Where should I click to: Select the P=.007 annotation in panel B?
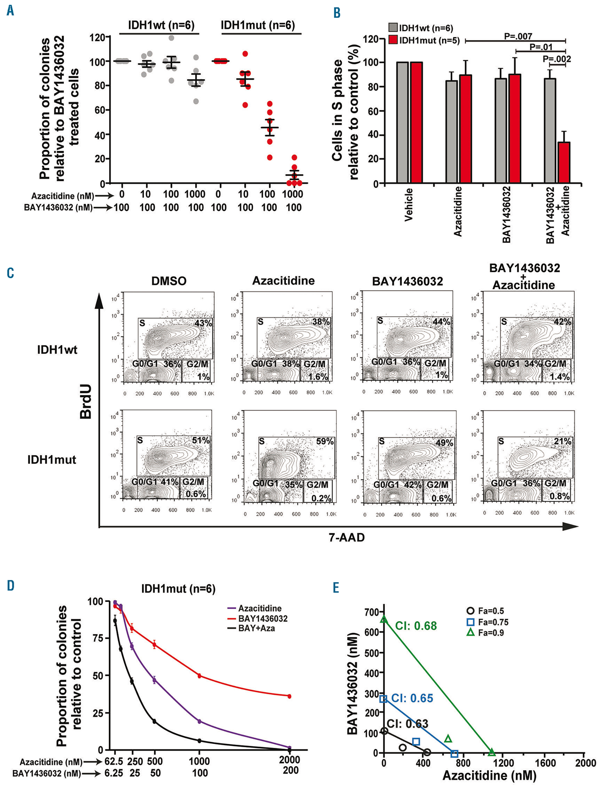tap(518, 36)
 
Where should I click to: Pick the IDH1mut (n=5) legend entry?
tap(425, 40)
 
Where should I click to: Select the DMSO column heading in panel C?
tap(169, 281)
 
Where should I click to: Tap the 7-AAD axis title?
tap(347, 537)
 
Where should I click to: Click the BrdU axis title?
tap(86, 401)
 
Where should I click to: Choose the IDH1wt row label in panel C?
tap(57, 350)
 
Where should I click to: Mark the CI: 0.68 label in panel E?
tap(416, 626)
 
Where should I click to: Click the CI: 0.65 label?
tap(412, 698)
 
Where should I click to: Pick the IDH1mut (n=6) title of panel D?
tap(178, 588)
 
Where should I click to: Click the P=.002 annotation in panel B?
tap(556, 59)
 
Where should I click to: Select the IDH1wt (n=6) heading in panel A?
tap(161, 26)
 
